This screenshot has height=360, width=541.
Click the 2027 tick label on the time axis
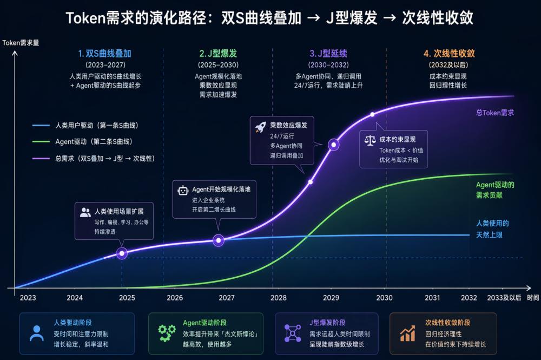[x=227, y=298]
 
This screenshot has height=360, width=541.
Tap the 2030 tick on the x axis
[x=385, y=298]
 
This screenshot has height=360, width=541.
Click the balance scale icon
[x=371, y=140]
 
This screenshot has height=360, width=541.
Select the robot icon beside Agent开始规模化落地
[x=182, y=190]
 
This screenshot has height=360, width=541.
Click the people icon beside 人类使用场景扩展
[x=85, y=212]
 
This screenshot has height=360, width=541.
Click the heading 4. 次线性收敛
[x=449, y=54]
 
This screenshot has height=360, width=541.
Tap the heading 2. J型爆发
[x=218, y=54]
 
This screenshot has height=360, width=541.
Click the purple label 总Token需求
[x=494, y=113]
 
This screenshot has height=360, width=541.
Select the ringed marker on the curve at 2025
[x=122, y=253]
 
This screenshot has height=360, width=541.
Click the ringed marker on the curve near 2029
[x=334, y=145]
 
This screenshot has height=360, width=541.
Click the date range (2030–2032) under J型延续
[x=328, y=65]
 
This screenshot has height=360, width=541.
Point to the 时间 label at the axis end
[x=532, y=298]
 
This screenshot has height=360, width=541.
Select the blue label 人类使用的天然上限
[x=492, y=228]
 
